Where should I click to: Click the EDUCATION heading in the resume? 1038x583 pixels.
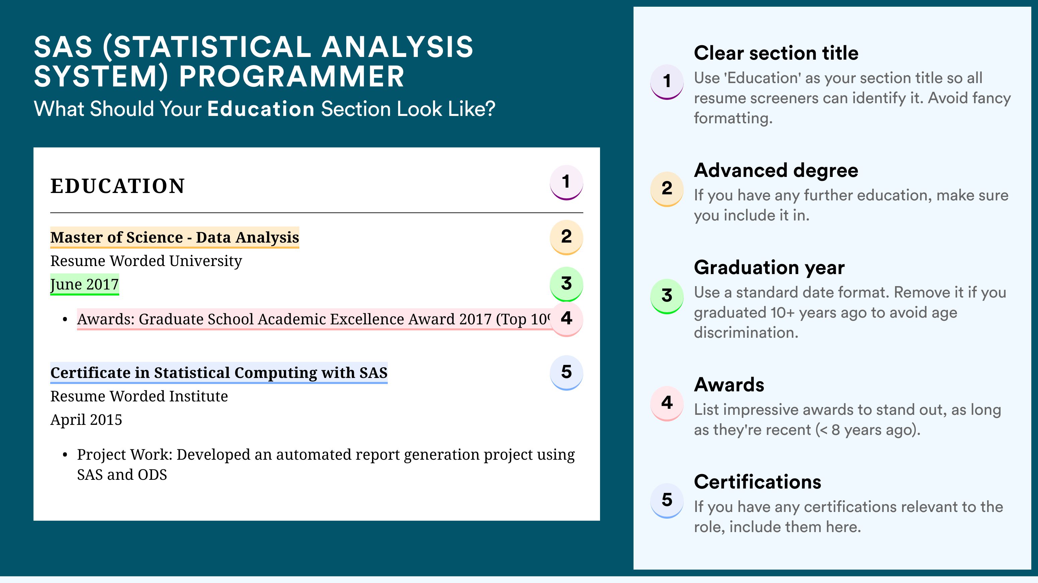click(117, 186)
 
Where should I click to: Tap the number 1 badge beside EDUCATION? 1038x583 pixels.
click(566, 182)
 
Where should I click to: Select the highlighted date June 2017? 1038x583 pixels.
click(85, 284)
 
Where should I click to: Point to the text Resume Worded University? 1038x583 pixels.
click(146, 261)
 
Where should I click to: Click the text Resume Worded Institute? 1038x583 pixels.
click(139, 396)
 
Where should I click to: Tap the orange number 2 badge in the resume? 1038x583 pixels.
click(566, 237)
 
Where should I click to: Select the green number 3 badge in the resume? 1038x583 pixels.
click(566, 284)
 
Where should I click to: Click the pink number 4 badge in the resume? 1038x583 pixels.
click(566, 319)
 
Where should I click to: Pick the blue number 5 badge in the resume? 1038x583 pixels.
click(566, 373)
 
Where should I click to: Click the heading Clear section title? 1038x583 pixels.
click(776, 53)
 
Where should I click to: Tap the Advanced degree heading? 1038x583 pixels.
click(776, 171)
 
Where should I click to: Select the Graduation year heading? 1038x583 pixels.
click(769, 267)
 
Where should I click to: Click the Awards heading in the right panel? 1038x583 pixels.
click(729, 385)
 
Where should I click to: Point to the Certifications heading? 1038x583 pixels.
click(757, 482)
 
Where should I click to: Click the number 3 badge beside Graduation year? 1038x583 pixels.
click(667, 296)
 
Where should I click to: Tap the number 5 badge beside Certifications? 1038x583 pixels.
click(667, 500)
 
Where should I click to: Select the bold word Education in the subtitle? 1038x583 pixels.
click(261, 109)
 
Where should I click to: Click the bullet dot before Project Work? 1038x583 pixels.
click(65, 455)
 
